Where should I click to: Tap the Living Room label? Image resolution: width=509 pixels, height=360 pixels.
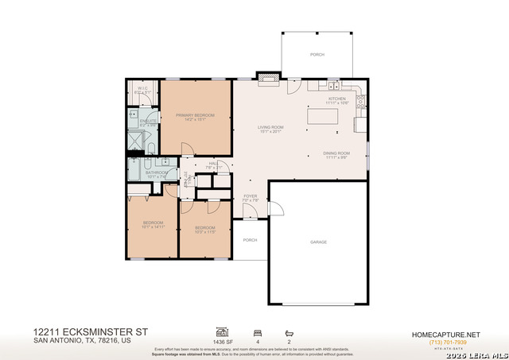pos(270,130)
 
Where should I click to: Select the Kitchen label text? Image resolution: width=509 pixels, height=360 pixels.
pos(337,100)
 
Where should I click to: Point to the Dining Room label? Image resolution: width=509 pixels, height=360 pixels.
pos(336,155)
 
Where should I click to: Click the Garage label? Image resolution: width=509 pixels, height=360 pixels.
pos(319,242)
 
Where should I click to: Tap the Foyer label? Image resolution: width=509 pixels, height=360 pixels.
pos(250,197)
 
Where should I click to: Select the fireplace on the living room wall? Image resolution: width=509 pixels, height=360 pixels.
pos(267,77)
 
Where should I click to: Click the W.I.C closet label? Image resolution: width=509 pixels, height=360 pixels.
pos(144,90)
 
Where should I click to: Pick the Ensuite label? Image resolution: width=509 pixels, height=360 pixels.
pos(148,122)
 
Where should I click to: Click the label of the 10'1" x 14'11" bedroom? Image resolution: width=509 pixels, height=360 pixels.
pos(153,224)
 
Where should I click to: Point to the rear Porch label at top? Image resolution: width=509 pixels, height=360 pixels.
pos(317,55)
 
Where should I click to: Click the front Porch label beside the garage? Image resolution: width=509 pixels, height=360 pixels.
pos(250,240)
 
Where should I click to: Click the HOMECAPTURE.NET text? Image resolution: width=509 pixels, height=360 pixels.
pos(445,335)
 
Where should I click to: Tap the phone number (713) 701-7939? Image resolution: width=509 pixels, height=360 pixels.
pos(445,342)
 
